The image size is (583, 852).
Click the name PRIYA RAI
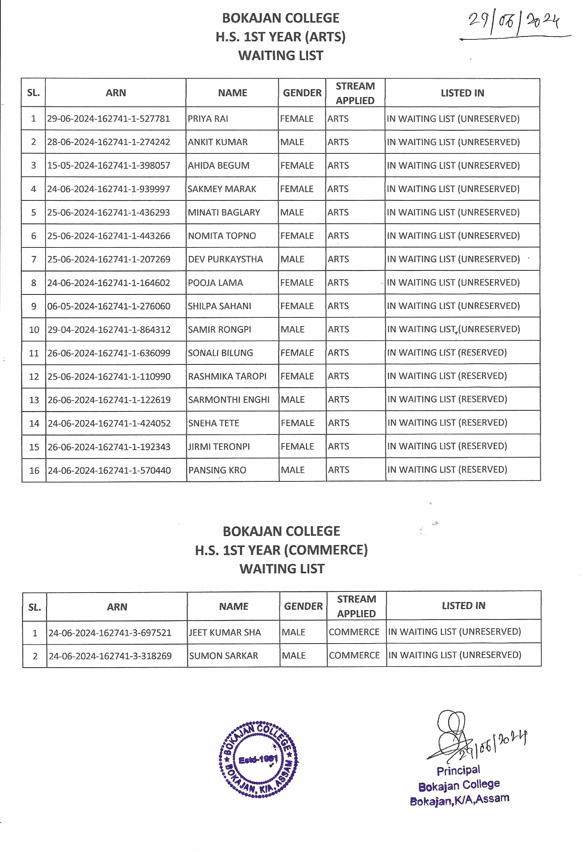pyautogui.click(x=208, y=119)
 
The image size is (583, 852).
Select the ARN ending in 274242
pyautogui.click(x=109, y=142)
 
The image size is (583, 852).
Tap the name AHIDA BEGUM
pyautogui.click(x=218, y=166)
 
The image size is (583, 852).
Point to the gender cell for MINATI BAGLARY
pyautogui.click(x=292, y=212)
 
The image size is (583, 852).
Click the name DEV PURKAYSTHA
pyautogui.click(x=225, y=259)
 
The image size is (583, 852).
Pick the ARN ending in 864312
pyautogui.click(x=109, y=329)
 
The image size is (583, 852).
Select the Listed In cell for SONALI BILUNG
pyautogui.click(x=447, y=353)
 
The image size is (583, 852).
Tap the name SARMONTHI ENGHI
pyautogui.click(x=229, y=400)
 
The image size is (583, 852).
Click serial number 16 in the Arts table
pyautogui.click(x=34, y=470)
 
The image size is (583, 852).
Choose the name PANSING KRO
pyautogui.click(x=217, y=470)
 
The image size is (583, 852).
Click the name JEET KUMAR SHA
pyautogui.click(x=225, y=632)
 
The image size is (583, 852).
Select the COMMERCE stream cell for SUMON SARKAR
pyautogui.click(x=354, y=656)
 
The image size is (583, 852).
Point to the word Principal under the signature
pyautogui.click(x=458, y=771)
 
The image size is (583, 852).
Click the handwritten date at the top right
pyautogui.click(x=514, y=22)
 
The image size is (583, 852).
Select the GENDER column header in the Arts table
pyautogui.click(x=302, y=93)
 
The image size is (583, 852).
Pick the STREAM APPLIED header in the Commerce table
pyautogui.click(x=356, y=606)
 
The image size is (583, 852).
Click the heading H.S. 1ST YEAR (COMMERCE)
pyautogui.click(x=281, y=550)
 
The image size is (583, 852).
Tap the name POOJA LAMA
pyautogui.click(x=215, y=283)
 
